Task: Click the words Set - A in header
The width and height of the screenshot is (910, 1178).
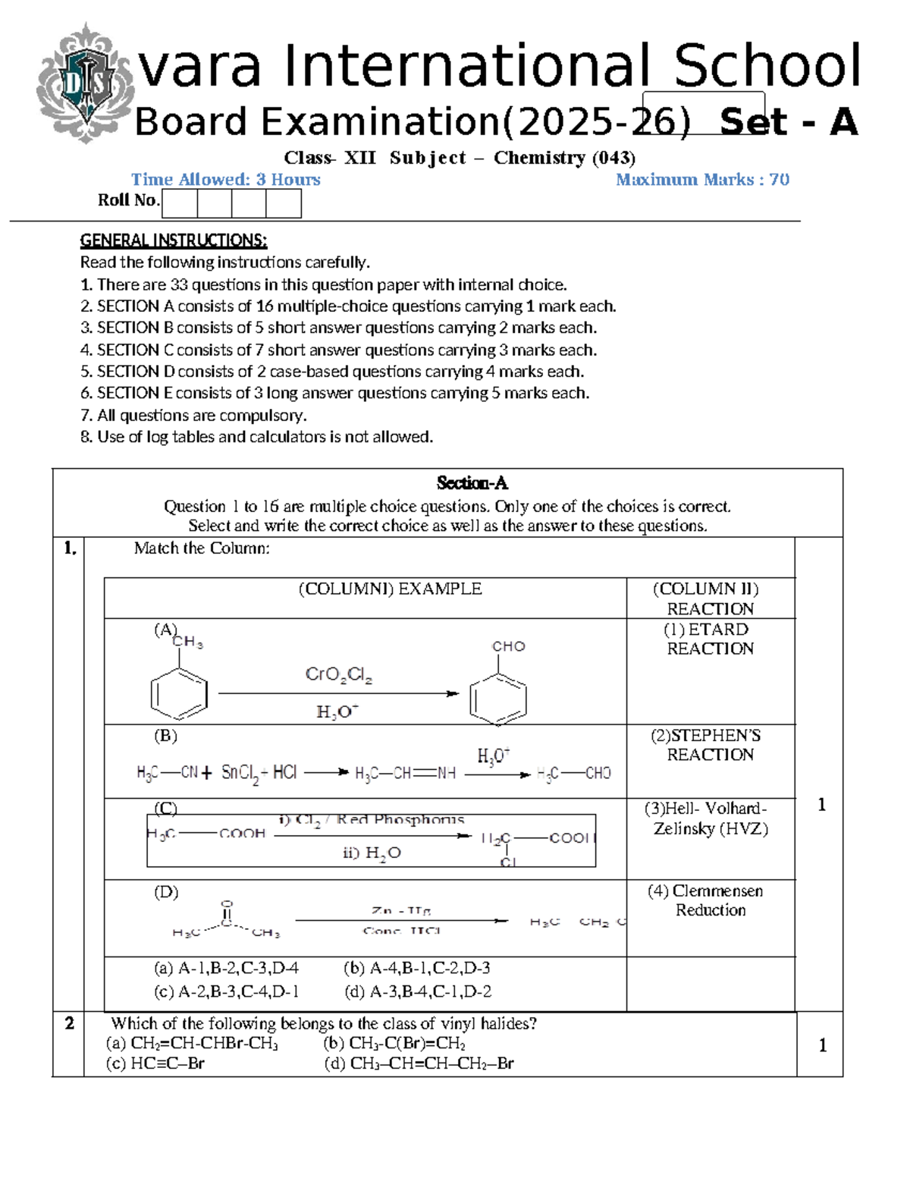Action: coord(789,122)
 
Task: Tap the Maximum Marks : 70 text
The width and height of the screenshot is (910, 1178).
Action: coord(702,180)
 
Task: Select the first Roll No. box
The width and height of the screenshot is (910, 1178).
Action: coord(180,203)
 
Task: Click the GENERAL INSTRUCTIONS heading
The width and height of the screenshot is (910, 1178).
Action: coord(174,240)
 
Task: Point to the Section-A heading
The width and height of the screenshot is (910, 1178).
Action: coord(472,483)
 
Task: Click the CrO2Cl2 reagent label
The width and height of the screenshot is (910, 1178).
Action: coord(338,674)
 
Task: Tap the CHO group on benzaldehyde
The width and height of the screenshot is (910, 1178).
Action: coord(508,646)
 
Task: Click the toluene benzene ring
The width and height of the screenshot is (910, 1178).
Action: coord(179,694)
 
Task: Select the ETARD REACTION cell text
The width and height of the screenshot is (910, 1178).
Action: coord(710,639)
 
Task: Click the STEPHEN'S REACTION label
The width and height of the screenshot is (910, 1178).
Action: coord(710,745)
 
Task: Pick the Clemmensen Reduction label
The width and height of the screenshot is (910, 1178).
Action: coord(710,900)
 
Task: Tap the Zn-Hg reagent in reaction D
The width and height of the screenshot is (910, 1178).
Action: coord(401,910)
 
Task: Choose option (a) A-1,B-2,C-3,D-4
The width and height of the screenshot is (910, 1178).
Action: coord(226,968)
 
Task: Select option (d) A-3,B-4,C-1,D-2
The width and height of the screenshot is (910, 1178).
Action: coord(417,991)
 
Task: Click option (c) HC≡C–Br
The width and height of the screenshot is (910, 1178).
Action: coord(155,1063)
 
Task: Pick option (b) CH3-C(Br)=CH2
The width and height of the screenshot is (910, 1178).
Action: coord(394,1043)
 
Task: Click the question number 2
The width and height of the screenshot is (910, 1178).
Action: coord(69,1023)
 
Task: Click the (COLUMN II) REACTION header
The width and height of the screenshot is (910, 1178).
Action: coord(710,598)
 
